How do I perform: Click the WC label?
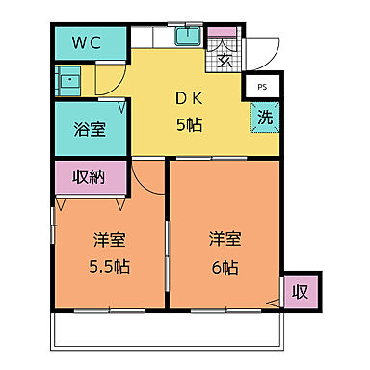tap(90, 43)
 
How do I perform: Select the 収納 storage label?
tap(90, 177)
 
